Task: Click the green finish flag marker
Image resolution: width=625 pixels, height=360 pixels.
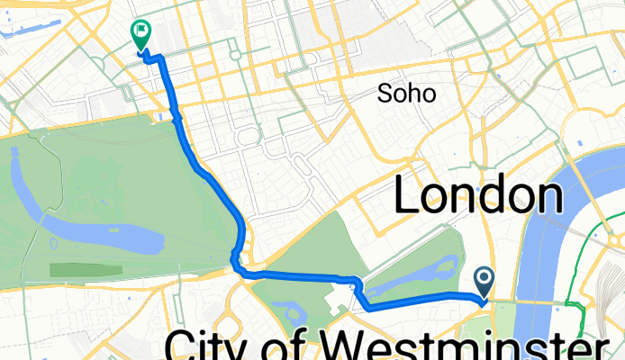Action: click(140, 34)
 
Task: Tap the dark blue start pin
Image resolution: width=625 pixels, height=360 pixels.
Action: click(485, 283)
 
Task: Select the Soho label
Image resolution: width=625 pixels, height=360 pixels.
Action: click(407, 93)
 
